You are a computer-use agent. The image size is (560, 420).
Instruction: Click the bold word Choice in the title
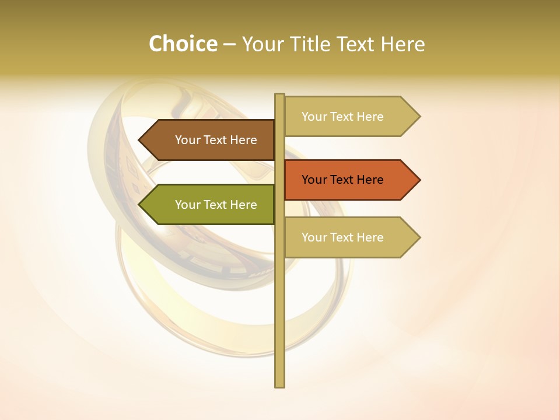pos(183,44)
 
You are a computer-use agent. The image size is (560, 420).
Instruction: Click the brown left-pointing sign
pos(210,140)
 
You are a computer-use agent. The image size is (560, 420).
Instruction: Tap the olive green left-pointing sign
pos(210,205)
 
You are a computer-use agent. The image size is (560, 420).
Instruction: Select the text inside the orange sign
pos(342,180)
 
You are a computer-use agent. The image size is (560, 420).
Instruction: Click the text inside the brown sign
pos(216,140)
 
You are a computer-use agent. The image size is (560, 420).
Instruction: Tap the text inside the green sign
pos(216,205)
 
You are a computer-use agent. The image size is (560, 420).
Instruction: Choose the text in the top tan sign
pos(342,117)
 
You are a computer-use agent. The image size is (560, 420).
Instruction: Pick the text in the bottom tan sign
pos(342,237)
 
